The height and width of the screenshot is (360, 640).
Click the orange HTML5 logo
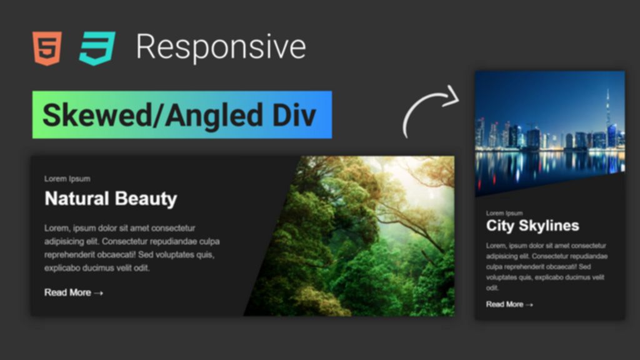click(x=47, y=48)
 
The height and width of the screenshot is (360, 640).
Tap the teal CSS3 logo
click(x=97, y=48)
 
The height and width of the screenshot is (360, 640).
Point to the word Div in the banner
click(x=294, y=115)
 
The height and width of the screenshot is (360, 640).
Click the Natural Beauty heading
click(x=111, y=199)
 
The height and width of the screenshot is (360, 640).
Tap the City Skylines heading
click(x=532, y=226)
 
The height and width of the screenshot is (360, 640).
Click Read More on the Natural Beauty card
click(x=67, y=292)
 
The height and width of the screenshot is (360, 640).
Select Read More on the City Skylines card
click(x=504, y=304)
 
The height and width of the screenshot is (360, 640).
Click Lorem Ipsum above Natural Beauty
click(x=67, y=179)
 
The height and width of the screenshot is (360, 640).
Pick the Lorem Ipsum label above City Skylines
click(x=504, y=213)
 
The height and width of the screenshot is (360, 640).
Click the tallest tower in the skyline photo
click(x=607, y=114)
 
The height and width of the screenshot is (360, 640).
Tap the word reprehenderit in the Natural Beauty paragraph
click(x=69, y=255)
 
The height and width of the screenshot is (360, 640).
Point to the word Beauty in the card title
click(x=146, y=199)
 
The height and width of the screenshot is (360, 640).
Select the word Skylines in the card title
click(x=549, y=226)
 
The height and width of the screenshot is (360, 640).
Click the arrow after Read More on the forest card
click(x=98, y=293)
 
